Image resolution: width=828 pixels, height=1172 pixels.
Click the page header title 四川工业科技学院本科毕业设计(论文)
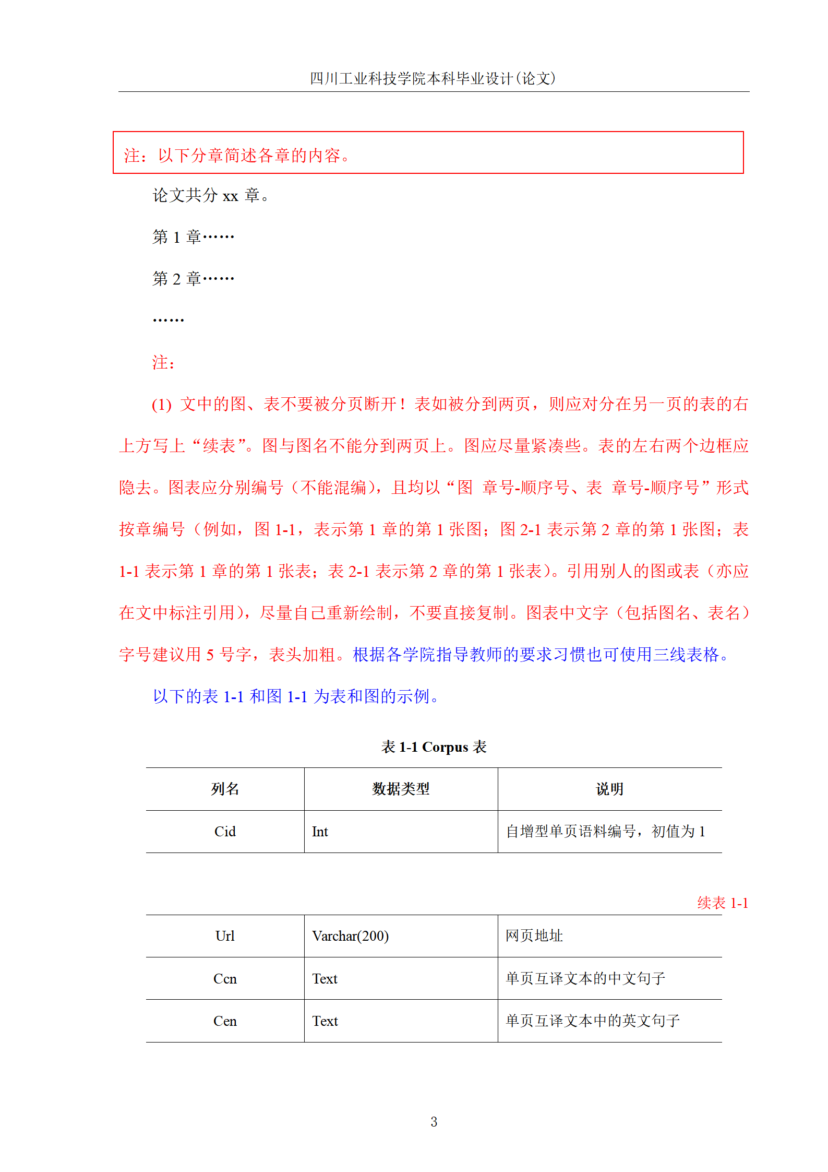(x=433, y=78)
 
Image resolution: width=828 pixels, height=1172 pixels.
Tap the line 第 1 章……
(x=193, y=237)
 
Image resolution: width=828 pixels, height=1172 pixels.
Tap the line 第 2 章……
(x=193, y=279)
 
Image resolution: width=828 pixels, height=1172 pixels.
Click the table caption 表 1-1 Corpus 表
(x=434, y=747)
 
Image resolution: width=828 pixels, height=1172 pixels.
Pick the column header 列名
(x=225, y=789)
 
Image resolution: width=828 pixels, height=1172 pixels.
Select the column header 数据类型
(x=401, y=789)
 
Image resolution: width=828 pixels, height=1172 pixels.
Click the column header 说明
(x=609, y=789)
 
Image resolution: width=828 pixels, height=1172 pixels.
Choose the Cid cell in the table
(x=225, y=832)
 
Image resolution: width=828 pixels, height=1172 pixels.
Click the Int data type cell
(x=320, y=832)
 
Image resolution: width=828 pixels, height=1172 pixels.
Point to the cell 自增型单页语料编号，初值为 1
(x=605, y=831)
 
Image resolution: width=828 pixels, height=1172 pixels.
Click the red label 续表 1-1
(x=723, y=903)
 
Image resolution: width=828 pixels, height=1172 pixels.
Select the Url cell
(x=225, y=936)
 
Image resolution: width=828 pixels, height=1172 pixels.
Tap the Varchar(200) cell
(x=350, y=936)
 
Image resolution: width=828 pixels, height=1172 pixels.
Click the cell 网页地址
(x=534, y=936)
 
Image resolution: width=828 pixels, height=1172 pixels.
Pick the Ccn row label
(x=225, y=979)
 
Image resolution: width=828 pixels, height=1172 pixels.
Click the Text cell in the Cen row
(x=325, y=1021)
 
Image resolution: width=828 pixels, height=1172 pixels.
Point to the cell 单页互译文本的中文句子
(x=585, y=978)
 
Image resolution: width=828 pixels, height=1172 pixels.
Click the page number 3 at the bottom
(x=434, y=1122)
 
